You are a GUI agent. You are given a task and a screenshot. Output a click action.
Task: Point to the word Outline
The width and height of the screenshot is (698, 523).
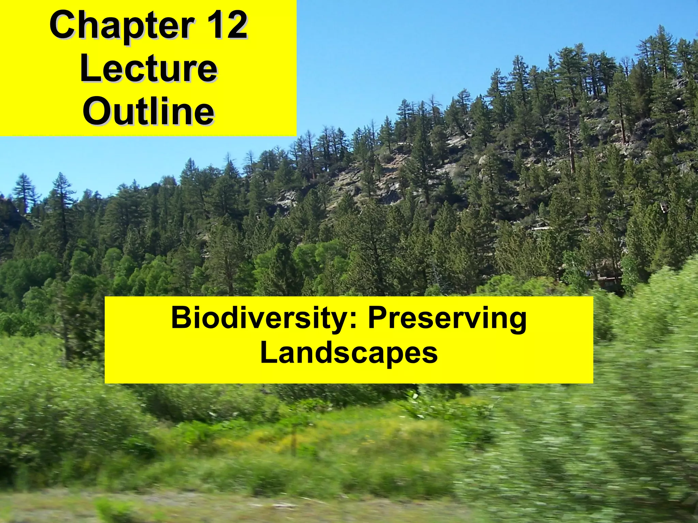(x=149, y=111)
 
